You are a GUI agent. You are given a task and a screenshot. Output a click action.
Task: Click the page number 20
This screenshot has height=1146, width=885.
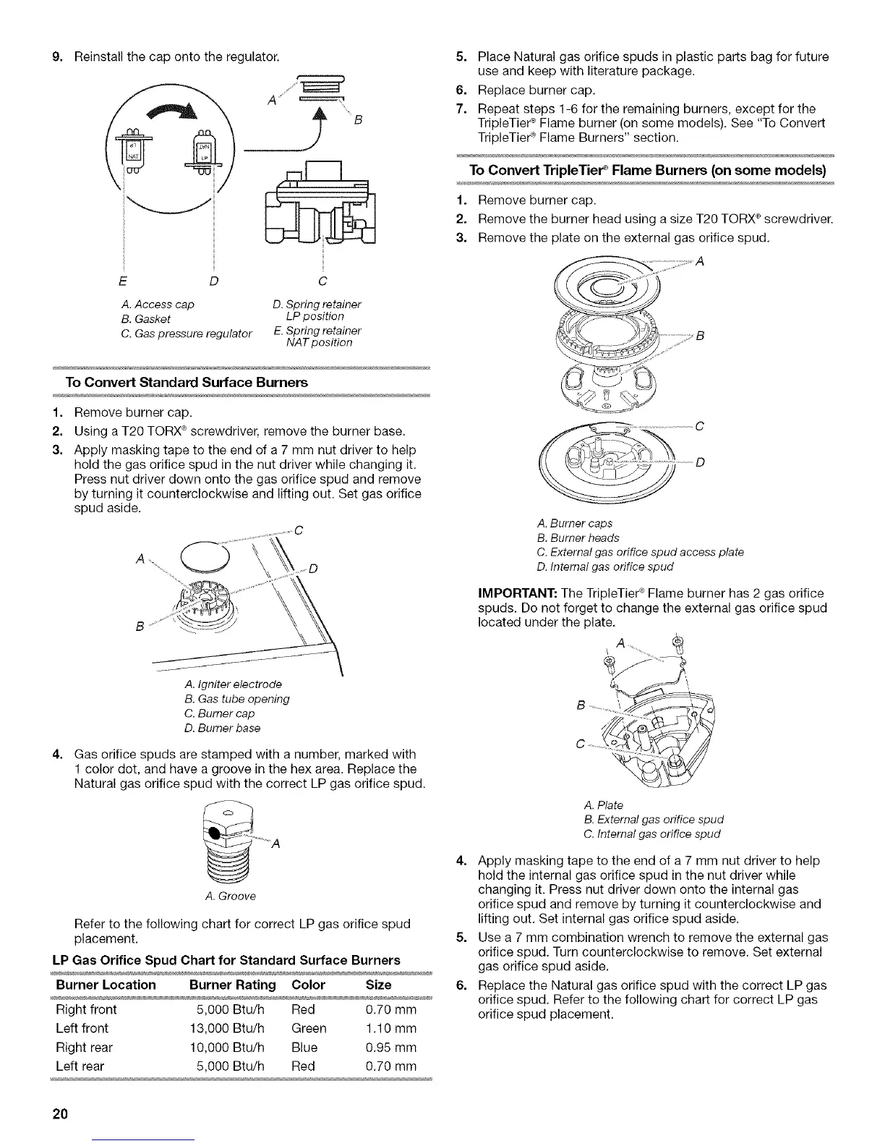(x=59, y=1113)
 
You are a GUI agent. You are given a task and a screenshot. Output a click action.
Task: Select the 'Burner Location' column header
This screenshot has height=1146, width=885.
(x=106, y=985)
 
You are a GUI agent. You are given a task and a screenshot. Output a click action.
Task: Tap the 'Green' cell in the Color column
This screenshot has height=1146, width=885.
(x=309, y=1028)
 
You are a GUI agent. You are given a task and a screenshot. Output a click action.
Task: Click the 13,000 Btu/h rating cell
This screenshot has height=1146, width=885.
(x=230, y=1028)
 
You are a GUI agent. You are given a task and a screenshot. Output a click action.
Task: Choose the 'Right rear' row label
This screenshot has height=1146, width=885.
(x=84, y=1047)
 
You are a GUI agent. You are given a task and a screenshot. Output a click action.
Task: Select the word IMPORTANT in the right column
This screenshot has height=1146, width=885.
(x=515, y=593)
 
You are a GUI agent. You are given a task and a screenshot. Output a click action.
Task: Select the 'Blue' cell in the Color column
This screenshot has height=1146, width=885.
(x=304, y=1047)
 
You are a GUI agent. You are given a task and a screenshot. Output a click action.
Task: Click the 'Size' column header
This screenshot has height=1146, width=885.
(x=379, y=985)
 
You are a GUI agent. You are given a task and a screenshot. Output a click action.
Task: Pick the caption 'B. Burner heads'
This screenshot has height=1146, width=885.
(x=578, y=538)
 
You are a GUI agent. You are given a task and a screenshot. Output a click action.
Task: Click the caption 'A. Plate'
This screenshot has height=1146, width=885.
(x=602, y=805)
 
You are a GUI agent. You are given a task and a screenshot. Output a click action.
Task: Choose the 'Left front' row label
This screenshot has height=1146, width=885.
(x=82, y=1028)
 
